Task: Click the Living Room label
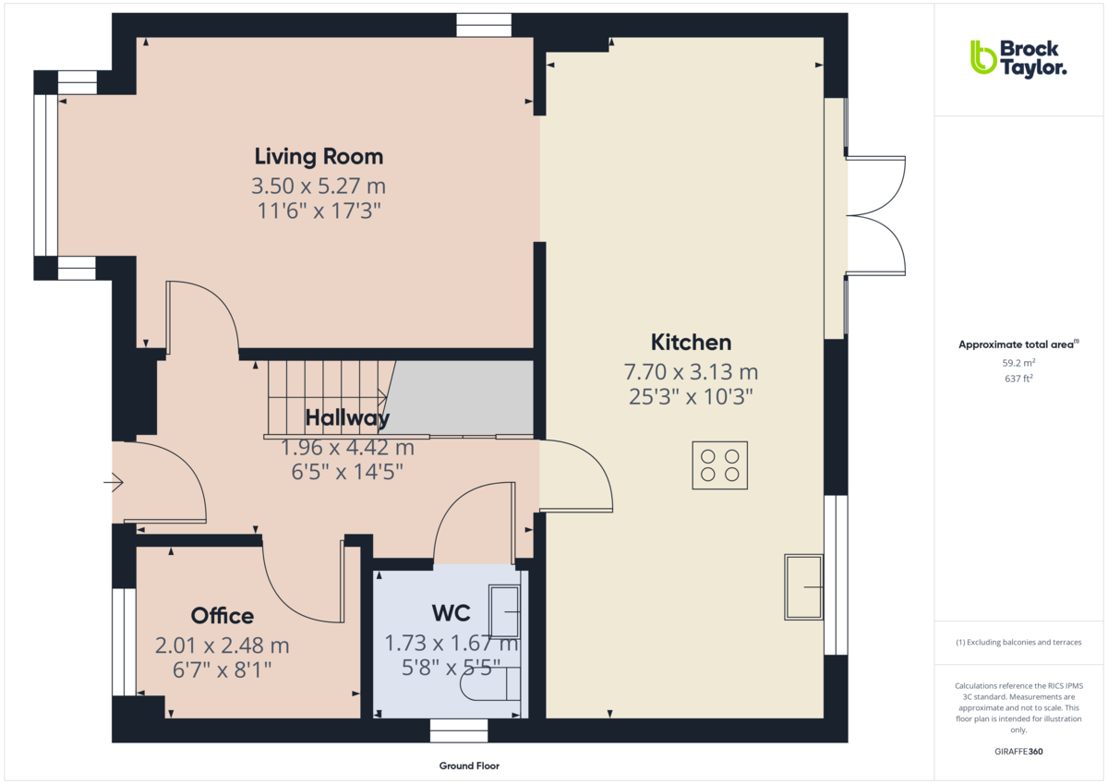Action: (319, 156)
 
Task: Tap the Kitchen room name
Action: (691, 343)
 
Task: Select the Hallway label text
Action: (347, 418)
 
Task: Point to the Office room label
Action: (222, 616)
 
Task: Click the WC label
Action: (451, 613)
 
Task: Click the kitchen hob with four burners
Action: (719, 465)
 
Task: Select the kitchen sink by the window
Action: (803, 587)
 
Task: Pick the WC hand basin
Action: (505, 610)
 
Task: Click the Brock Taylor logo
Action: (1018, 57)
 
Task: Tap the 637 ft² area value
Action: (1018, 379)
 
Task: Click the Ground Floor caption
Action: (469, 766)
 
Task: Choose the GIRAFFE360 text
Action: (1018, 752)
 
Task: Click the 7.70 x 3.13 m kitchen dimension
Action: (691, 373)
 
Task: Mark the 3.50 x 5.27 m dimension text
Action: (319, 187)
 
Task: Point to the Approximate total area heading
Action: (1018, 344)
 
